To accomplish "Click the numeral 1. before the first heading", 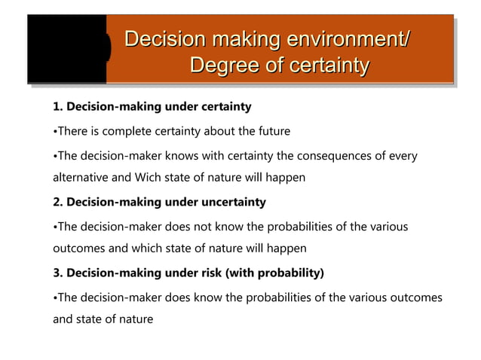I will [x=58, y=107].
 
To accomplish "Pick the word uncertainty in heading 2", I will [x=231, y=202].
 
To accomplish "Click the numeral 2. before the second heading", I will [x=58, y=202].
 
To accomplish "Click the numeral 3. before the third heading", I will [x=58, y=272].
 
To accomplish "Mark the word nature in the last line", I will [x=136, y=319].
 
